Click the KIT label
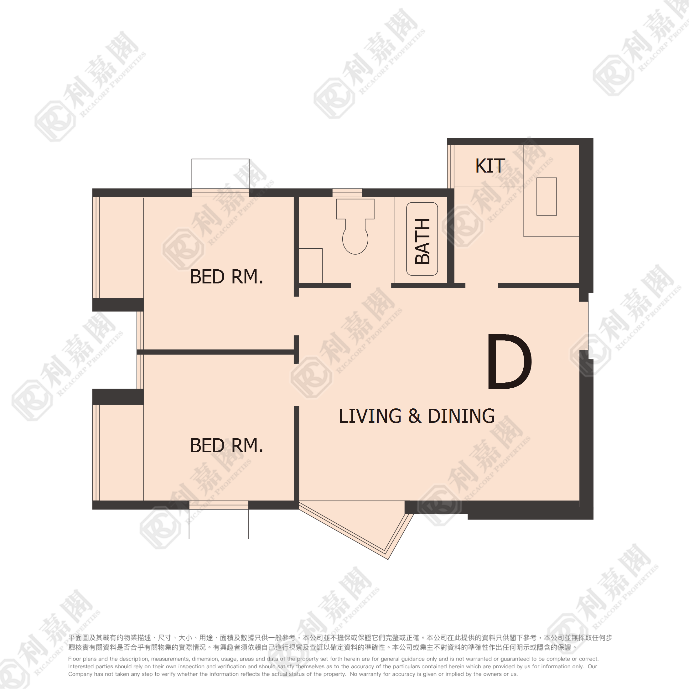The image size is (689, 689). [490, 166]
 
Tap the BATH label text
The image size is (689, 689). [422, 241]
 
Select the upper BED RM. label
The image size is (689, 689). [226, 277]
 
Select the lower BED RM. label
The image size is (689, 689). [226, 445]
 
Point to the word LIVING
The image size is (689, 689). [370, 416]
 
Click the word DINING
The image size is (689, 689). [461, 416]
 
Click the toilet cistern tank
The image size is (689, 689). [355, 209]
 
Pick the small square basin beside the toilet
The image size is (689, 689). [311, 266]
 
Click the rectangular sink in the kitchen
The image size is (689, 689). [547, 196]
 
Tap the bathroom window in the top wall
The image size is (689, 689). [347, 193]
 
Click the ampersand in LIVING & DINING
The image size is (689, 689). [415, 416]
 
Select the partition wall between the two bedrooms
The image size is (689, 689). [216, 352]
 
